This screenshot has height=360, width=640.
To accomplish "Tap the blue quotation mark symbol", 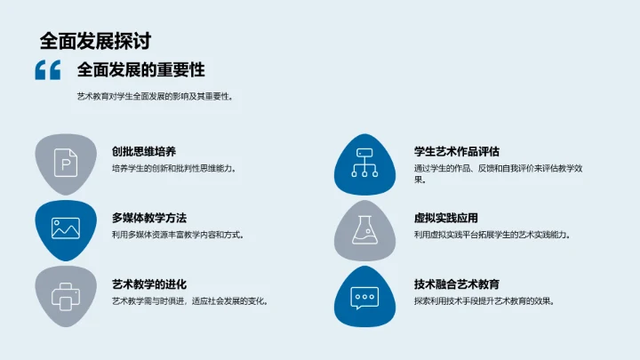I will [x=47, y=70].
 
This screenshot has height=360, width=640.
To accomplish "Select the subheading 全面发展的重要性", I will [x=141, y=70].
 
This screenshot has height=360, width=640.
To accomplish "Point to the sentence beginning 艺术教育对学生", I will [x=156, y=97].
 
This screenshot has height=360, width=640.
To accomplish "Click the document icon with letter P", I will [x=66, y=163].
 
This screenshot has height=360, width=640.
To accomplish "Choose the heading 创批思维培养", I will [x=149, y=152].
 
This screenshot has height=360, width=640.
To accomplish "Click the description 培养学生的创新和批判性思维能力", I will [x=174, y=169].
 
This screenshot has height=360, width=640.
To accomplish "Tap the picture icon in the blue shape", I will [x=66, y=228].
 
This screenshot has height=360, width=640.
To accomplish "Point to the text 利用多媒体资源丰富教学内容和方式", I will [x=178, y=235].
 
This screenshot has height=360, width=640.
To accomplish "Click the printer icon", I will [x=66, y=295].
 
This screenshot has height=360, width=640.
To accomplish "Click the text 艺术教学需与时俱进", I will [x=189, y=301].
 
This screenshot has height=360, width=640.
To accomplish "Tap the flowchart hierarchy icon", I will [x=364, y=163].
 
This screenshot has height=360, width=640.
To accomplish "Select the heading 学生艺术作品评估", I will [x=457, y=151].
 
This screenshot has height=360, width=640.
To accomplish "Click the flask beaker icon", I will [x=364, y=229].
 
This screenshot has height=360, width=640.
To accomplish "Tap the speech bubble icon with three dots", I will [x=364, y=295].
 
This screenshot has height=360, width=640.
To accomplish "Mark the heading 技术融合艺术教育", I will [x=457, y=284].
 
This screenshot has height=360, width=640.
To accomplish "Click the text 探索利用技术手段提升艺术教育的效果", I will [x=484, y=301].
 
